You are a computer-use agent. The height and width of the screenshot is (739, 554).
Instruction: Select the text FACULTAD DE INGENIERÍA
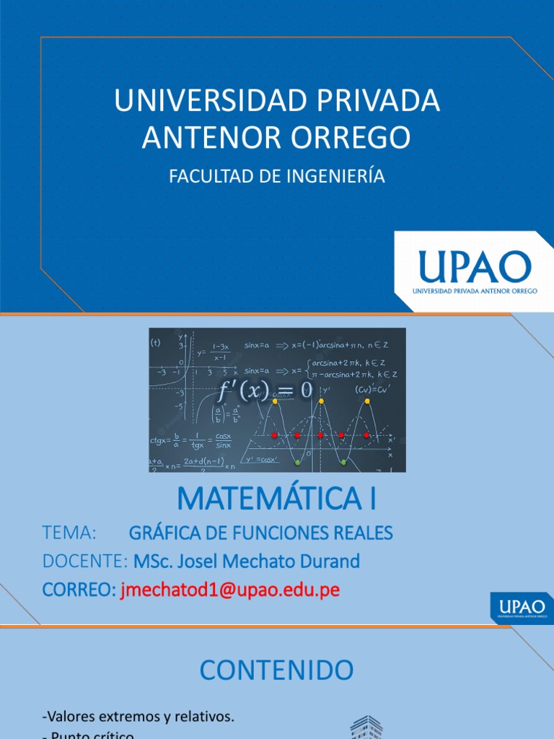coord(277,177)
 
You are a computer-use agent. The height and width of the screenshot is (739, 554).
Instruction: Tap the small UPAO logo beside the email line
coord(520,607)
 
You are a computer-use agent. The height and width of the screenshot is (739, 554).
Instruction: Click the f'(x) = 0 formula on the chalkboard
coord(265,391)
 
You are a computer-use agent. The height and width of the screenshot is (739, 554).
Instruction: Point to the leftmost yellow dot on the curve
coord(275,401)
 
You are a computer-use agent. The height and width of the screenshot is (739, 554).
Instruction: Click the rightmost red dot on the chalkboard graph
coord(366,435)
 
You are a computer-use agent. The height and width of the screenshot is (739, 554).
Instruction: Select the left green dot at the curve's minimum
coord(298,461)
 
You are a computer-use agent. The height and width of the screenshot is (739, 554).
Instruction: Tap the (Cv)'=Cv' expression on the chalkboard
coord(372,389)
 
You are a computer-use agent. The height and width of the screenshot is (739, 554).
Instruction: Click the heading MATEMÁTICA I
coord(277,499)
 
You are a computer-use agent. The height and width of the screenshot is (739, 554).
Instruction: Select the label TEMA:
coord(71,533)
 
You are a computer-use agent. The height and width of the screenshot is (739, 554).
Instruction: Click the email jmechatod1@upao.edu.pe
coord(229,590)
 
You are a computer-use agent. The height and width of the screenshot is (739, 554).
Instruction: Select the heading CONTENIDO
coord(277,670)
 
